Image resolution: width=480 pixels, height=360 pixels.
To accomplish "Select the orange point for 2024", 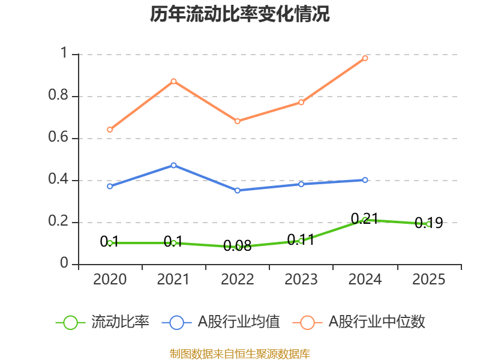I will pyautogui.click(x=365, y=58).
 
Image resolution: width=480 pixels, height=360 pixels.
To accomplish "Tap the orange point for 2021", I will pyautogui.click(x=174, y=81).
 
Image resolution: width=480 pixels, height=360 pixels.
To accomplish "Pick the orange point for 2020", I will pyautogui.click(x=110, y=130).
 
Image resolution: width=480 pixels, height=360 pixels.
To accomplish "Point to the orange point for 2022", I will pyautogui.click(x=238, y=121).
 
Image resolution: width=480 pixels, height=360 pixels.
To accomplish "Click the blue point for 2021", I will pyautogui.click(x=174, y=165).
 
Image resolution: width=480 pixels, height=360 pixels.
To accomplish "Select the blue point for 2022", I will pyautogui.click(x=238, y=190).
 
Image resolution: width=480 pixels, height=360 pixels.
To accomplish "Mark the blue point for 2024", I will pyautogui.click(x=365, y=180).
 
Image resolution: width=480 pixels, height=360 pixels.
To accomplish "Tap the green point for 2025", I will pyautogui.click(x=428, y=224).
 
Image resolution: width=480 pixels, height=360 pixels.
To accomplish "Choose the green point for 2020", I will pyautogui.click(x=110, y=243).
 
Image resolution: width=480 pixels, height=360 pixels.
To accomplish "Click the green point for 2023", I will pyautogui.click(x=301, y=241).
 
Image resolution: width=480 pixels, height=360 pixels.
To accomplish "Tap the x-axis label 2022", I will pyautogui.click(x=238, y=280).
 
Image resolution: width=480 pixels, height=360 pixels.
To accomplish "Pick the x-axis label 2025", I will pyautogui.click(x=428, y=280).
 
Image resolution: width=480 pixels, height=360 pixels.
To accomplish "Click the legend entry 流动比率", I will pyautogui.click(x=120, y=322).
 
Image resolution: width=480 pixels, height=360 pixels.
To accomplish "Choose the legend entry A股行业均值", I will pyautogui.click(x=239, y=322).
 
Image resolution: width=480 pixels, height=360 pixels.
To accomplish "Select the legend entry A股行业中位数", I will pyautogui.click(x=377, y=322).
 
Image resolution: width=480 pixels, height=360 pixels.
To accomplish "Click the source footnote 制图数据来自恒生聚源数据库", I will pyautogui.click(x=240, y=353).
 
